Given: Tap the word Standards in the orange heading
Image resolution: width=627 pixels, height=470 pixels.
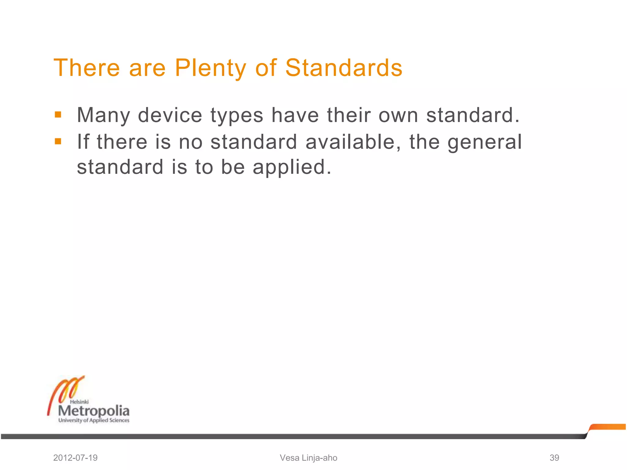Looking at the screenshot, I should click(344, 68).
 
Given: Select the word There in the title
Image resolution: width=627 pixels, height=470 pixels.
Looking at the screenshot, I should click(87, 68).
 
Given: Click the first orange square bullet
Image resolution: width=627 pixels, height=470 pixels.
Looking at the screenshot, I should click(58, 115).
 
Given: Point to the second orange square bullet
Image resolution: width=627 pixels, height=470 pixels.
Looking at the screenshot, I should click(58, 141).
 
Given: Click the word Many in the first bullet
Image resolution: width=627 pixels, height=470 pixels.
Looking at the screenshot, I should click(103, 116).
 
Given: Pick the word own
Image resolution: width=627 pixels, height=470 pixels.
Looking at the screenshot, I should click(398, 116).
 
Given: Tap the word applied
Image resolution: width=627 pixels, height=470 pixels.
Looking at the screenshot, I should click(292, 168).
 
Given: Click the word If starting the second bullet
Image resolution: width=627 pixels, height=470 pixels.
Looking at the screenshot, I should click(83, 142).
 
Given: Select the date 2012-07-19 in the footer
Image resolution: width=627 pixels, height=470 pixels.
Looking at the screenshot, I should click(75, 458).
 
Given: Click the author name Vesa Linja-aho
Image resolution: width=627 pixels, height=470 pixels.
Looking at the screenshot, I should click(308, 458).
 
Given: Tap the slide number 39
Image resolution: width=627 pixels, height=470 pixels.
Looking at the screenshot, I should click(554, 458).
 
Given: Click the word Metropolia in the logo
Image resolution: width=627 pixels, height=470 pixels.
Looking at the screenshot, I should click(94, 411).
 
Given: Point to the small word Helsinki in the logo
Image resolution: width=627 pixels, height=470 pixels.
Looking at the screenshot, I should click(79, 402).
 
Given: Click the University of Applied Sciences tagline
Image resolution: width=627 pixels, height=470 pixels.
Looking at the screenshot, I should click(94, 420).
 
